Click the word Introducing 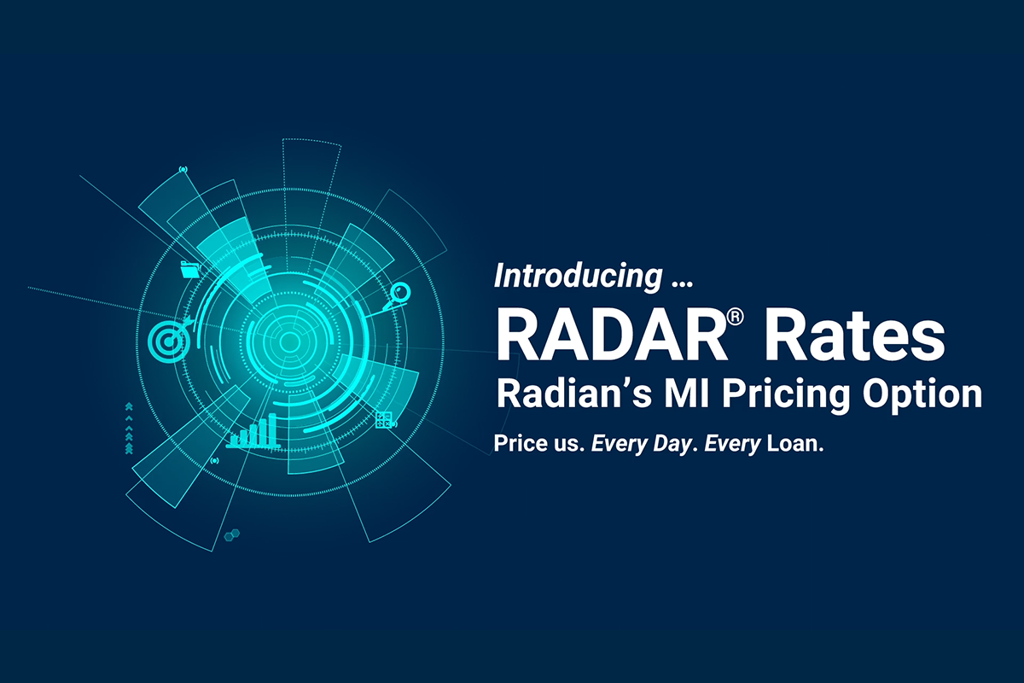[579, 277]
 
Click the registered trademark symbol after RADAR [735, 317]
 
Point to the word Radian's [574, 394]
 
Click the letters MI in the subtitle [687, 394]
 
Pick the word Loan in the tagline [792, 443]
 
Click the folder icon [190, 270]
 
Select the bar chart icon [253, 431]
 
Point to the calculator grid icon [383, 420]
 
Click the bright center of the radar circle [289, 341]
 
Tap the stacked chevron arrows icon [129, 429]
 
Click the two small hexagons [232, 534]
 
